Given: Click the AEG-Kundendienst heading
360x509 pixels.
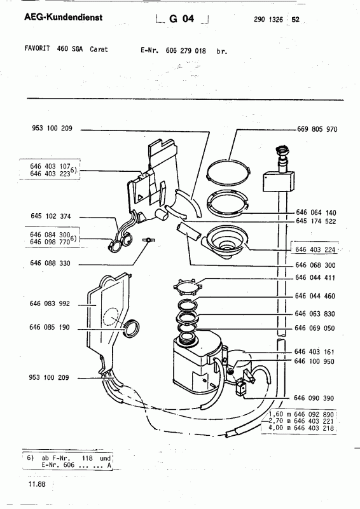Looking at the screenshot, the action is [64, 17].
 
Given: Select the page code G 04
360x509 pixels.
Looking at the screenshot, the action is [181, 19].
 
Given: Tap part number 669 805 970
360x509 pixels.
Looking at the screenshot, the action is [317, 129].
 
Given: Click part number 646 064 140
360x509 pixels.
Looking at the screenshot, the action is [316, 213].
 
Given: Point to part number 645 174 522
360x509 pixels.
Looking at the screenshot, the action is [316, 221].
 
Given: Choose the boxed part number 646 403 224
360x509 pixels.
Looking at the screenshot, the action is [315, 249].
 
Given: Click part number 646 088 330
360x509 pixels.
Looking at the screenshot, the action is [50, 263].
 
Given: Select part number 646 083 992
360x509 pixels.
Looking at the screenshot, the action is [50, 303].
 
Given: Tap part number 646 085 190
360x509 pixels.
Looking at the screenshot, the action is [50, 327].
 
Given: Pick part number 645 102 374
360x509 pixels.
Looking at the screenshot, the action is [51, 216].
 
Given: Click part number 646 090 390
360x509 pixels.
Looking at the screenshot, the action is [314, 398].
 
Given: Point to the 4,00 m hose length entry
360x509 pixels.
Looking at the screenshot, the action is [301, 428].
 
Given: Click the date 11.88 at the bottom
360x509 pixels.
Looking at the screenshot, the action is [37, 484].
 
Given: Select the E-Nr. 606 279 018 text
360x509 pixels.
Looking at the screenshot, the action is [173, 51].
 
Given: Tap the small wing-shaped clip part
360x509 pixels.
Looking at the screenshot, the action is [149, 240].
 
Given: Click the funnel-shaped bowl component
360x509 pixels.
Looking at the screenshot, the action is [225, 242].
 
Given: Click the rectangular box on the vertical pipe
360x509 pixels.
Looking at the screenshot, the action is [279, 181].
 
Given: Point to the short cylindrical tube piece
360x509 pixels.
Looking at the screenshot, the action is [189, 232].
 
